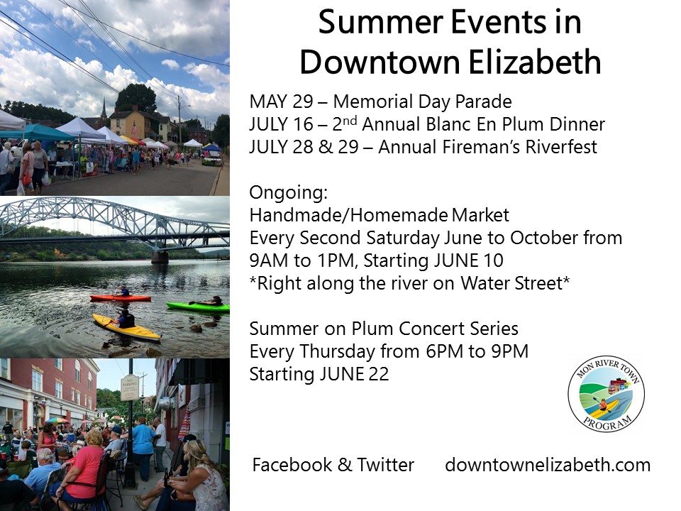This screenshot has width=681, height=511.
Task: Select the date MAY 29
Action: point(281,101)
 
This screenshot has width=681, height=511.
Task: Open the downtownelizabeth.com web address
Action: point(548,465)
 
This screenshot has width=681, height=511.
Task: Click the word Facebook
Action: point(292,465)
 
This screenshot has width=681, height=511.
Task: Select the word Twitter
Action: point(386,465)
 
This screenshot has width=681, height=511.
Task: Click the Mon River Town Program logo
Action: point(606,394)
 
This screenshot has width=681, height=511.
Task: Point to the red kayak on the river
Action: point(121,298)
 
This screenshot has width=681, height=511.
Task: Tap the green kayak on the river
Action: point(198,307)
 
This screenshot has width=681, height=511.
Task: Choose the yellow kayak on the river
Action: point(126,327)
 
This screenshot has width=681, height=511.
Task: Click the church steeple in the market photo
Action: point(104,109)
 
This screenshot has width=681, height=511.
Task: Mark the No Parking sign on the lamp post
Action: point(129,388)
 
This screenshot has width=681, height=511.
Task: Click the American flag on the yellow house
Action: point(135,128)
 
